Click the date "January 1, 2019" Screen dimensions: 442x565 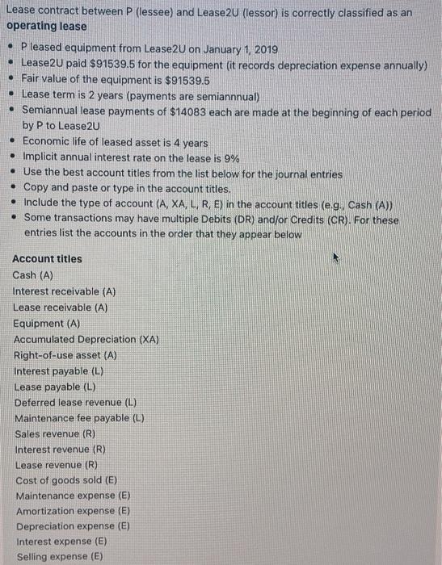pyautogui.click(x=233, y=50)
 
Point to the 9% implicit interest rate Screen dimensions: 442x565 pyautogui.click(x=235, y=157)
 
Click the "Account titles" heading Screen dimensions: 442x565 pyautogui.click(x=48, y=259)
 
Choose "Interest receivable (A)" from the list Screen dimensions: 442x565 pyautogui.click(x=65, y=291)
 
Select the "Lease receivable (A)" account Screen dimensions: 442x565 pyautogui.click(x=61, y=308)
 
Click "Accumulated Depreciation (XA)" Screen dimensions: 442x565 pyautogui.click(x=86, y=339)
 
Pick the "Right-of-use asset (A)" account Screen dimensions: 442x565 pyautogui.click(x=65, y=354)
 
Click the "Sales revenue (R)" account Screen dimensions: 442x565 pyautogui.click(x=56, y=433)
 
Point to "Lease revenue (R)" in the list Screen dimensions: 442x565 pyautogui.click(x=56, y=465)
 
